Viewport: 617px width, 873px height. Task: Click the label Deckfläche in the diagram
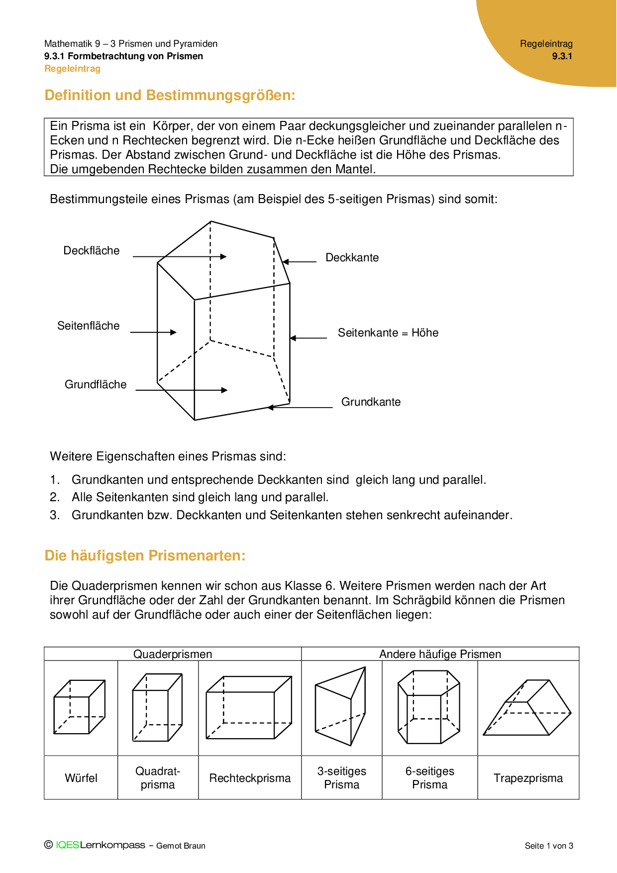tap(92, 251)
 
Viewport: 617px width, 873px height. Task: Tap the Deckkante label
tap(352, 258)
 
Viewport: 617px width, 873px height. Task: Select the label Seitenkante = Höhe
tap(388, 333)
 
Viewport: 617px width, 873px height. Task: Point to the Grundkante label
tap(371, 402)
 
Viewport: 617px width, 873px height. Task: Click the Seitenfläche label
tap(89, 326)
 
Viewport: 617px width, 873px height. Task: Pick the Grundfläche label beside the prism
tap(96, 385)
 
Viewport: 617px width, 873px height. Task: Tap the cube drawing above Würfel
tap(80, 707)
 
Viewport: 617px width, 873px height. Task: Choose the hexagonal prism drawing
tap(429, 707)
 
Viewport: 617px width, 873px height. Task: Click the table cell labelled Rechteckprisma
tap(250, 778)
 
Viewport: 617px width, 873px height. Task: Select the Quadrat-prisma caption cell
tap(158, 778)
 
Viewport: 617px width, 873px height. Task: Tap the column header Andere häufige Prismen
tap(440, 655)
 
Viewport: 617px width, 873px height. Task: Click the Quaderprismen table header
tap(173, 655)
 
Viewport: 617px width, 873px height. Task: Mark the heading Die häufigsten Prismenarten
tap(145, 556)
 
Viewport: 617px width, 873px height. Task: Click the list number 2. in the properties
tap(55, 497)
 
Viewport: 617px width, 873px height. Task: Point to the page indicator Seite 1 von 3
tap(549, 846)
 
